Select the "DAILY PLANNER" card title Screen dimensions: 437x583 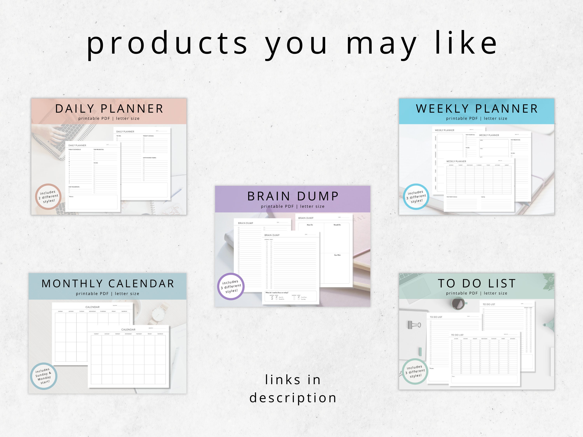(x=109, y=109)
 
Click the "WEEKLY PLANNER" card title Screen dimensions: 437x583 (x=477, y=109)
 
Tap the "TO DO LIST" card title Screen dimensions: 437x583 (x=477, y=283)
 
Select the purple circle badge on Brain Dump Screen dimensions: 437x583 (x=231, y=286)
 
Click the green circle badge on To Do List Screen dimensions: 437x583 (x=415, y=371)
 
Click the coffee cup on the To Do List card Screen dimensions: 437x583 (x=458, y=303)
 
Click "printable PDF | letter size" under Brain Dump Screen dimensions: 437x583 (x=292, y=206)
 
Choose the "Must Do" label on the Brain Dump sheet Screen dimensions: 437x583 (x=310, y=225)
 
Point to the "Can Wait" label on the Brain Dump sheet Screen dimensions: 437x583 (x=337, y=255)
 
